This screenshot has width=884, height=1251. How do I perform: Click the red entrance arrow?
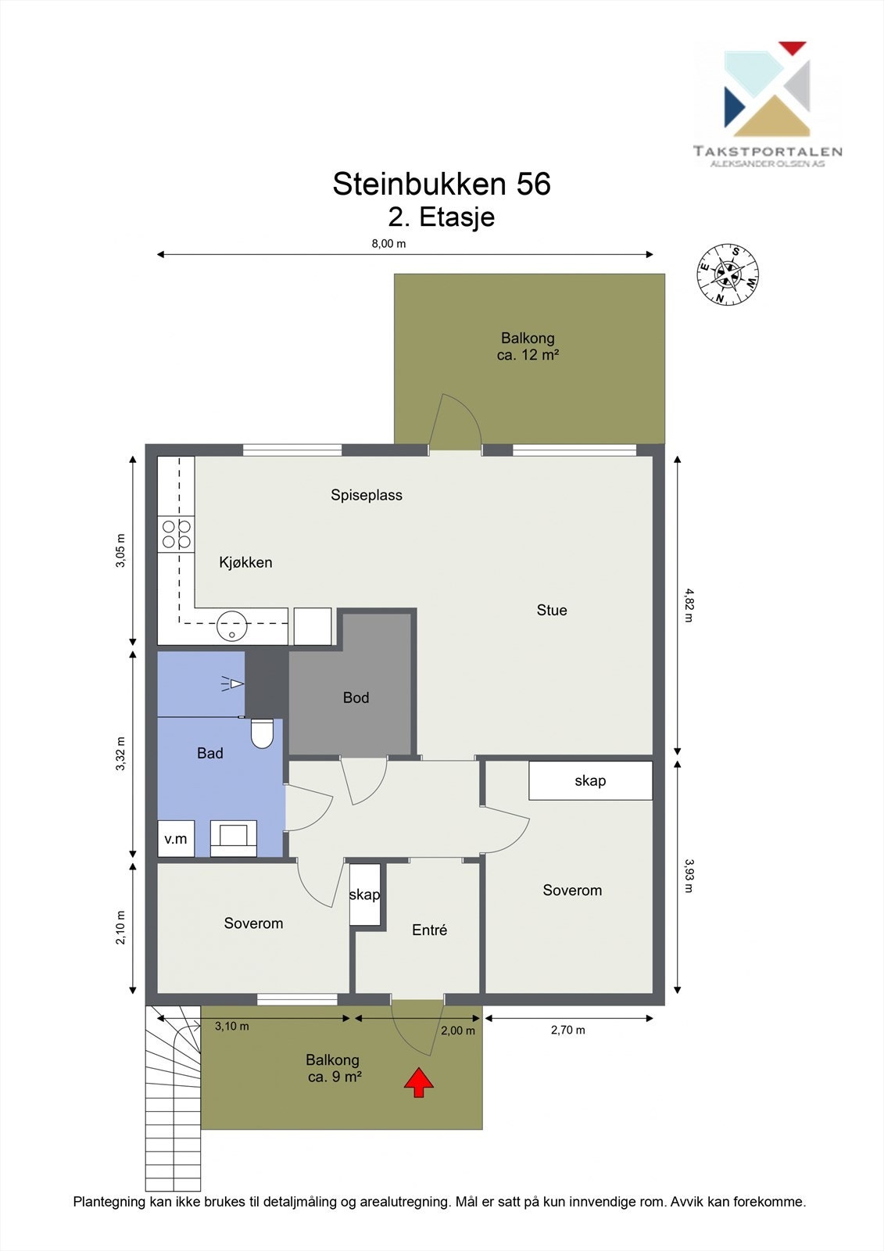pyautogui.click(x=419, y=1082)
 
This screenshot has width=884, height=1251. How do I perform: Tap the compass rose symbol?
pyautogui.click(x=728, y=274)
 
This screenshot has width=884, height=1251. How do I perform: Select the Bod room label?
pyautogui.click(x=356, y=697)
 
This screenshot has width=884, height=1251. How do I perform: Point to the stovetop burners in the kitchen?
pyautogui.click(x=177, y=534)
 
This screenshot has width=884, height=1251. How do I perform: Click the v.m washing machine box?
pyautogui.click(x=176, y=838)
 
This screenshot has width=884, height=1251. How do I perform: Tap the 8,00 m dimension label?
pyautogui.click(x=388, y=243)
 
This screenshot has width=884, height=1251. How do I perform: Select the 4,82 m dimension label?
pyautogui.click(x=688, y=605)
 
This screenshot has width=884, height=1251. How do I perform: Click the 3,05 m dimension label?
pyautogui.click(x=120, y=550)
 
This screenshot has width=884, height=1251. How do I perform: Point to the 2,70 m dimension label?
pyautogui.click(x=568, y=1030)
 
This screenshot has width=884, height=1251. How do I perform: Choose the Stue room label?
pyautogui.click(x=552, y=610)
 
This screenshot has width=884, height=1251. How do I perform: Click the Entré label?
pyautogui.click(x=429, y=930)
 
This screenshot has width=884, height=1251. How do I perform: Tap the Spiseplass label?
pyautogui.click(x=367, y=496)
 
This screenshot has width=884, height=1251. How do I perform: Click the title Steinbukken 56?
pyautogui.click(x=442, y=184)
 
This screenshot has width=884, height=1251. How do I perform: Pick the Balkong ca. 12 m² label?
pyautogui.click(x=528, y=346)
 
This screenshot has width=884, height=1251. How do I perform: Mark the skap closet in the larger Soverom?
pyautogui.click(x=591, y=780)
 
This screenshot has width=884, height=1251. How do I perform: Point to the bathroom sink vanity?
pyautogui.click(x=234, y=838)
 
